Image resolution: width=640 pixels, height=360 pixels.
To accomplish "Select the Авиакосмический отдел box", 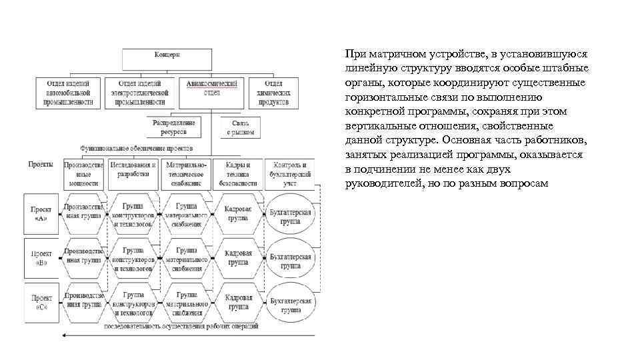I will [x=211, y=93].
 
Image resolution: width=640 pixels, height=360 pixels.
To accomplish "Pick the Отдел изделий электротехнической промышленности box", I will [x=139, y=93].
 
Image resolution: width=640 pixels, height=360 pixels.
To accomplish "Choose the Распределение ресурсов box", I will [x=173, y=127].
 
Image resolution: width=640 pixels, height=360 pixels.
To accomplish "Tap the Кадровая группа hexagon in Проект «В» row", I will [x=238, y=258].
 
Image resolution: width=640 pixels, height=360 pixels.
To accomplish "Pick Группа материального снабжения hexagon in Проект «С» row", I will [x=186, y=303].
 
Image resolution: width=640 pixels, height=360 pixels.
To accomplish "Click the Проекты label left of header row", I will [x=41, y=163].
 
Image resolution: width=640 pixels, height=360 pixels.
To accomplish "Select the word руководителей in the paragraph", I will [x=382, y=183].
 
